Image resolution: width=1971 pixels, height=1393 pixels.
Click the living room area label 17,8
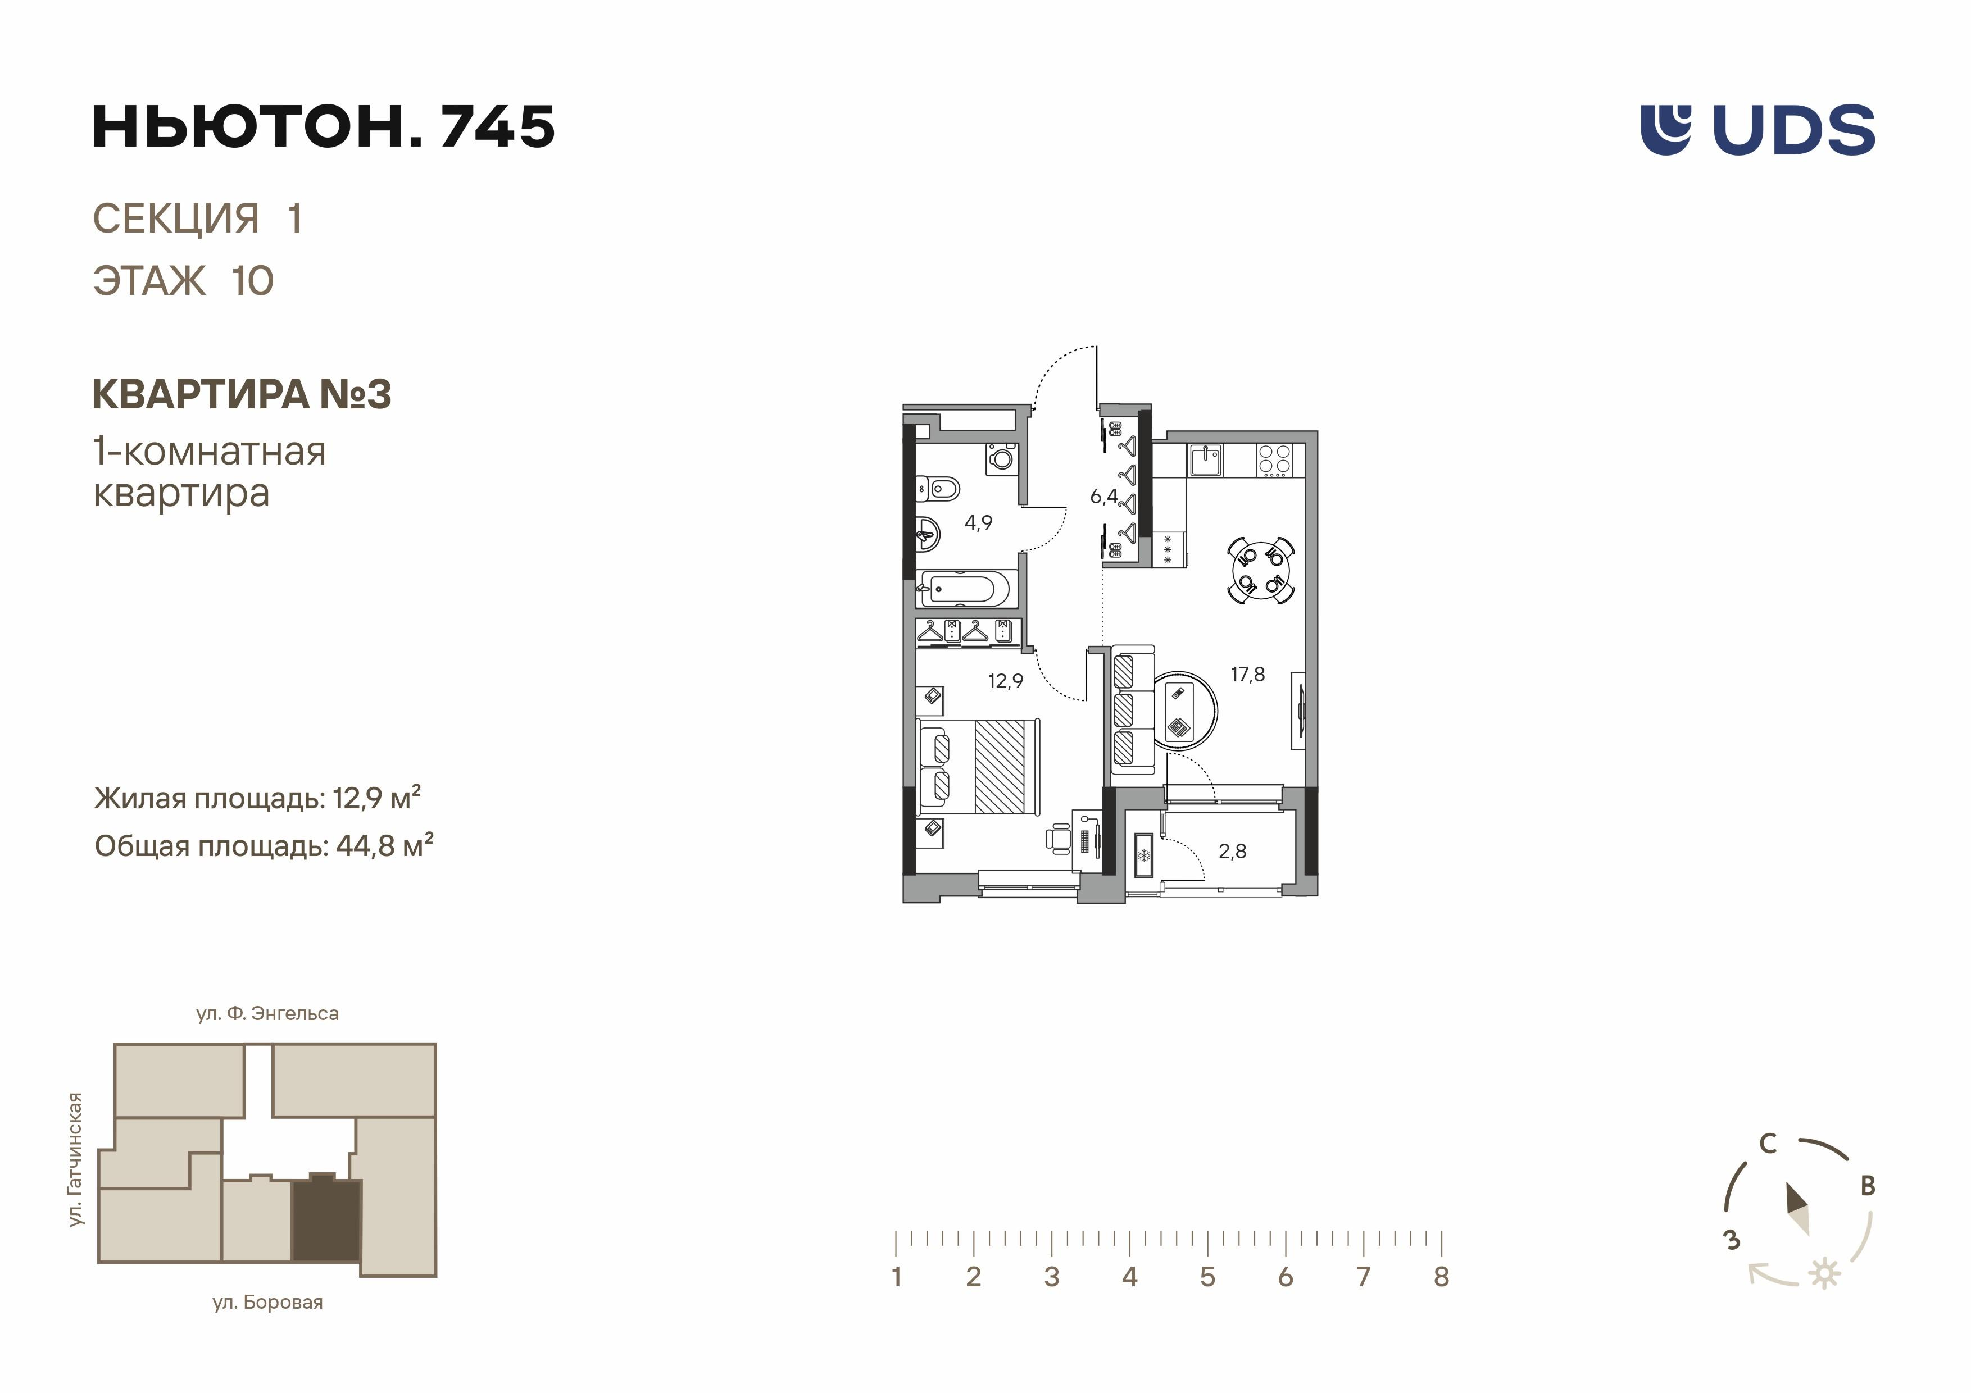(x=1247, y=675)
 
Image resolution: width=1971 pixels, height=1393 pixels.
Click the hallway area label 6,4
(x=1104, y=496)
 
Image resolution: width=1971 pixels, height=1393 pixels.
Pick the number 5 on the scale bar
(x=1207, y=1277)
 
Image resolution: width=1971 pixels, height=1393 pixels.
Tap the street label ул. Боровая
(x=268, y=1303)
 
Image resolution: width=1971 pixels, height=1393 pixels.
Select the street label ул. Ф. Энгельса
(x=268, y=1014)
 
